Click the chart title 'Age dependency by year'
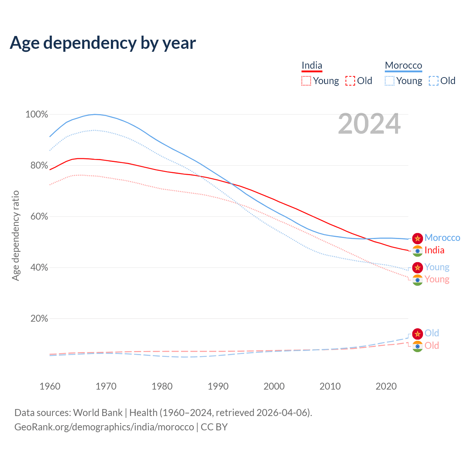(103, 43)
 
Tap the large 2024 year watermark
(369, 124)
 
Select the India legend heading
(312, 65)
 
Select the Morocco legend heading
(403, 65)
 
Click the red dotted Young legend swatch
(306, 81)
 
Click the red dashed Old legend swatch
(350, 81)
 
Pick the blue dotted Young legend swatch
(389, 81)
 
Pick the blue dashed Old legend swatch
(433, 81)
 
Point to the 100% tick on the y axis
(37, 115)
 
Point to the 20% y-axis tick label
(39, 318)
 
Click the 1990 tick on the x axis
(218, 386)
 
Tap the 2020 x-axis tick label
(386, 386)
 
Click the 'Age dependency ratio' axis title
(15, 235)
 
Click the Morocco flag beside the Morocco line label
(417, 238)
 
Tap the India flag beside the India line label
(417, 251)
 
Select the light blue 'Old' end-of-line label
(432, 333)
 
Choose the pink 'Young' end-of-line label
(437, 279)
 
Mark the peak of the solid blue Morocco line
(95, 114)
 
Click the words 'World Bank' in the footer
(98, 413)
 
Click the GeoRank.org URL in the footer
(104, 427)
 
